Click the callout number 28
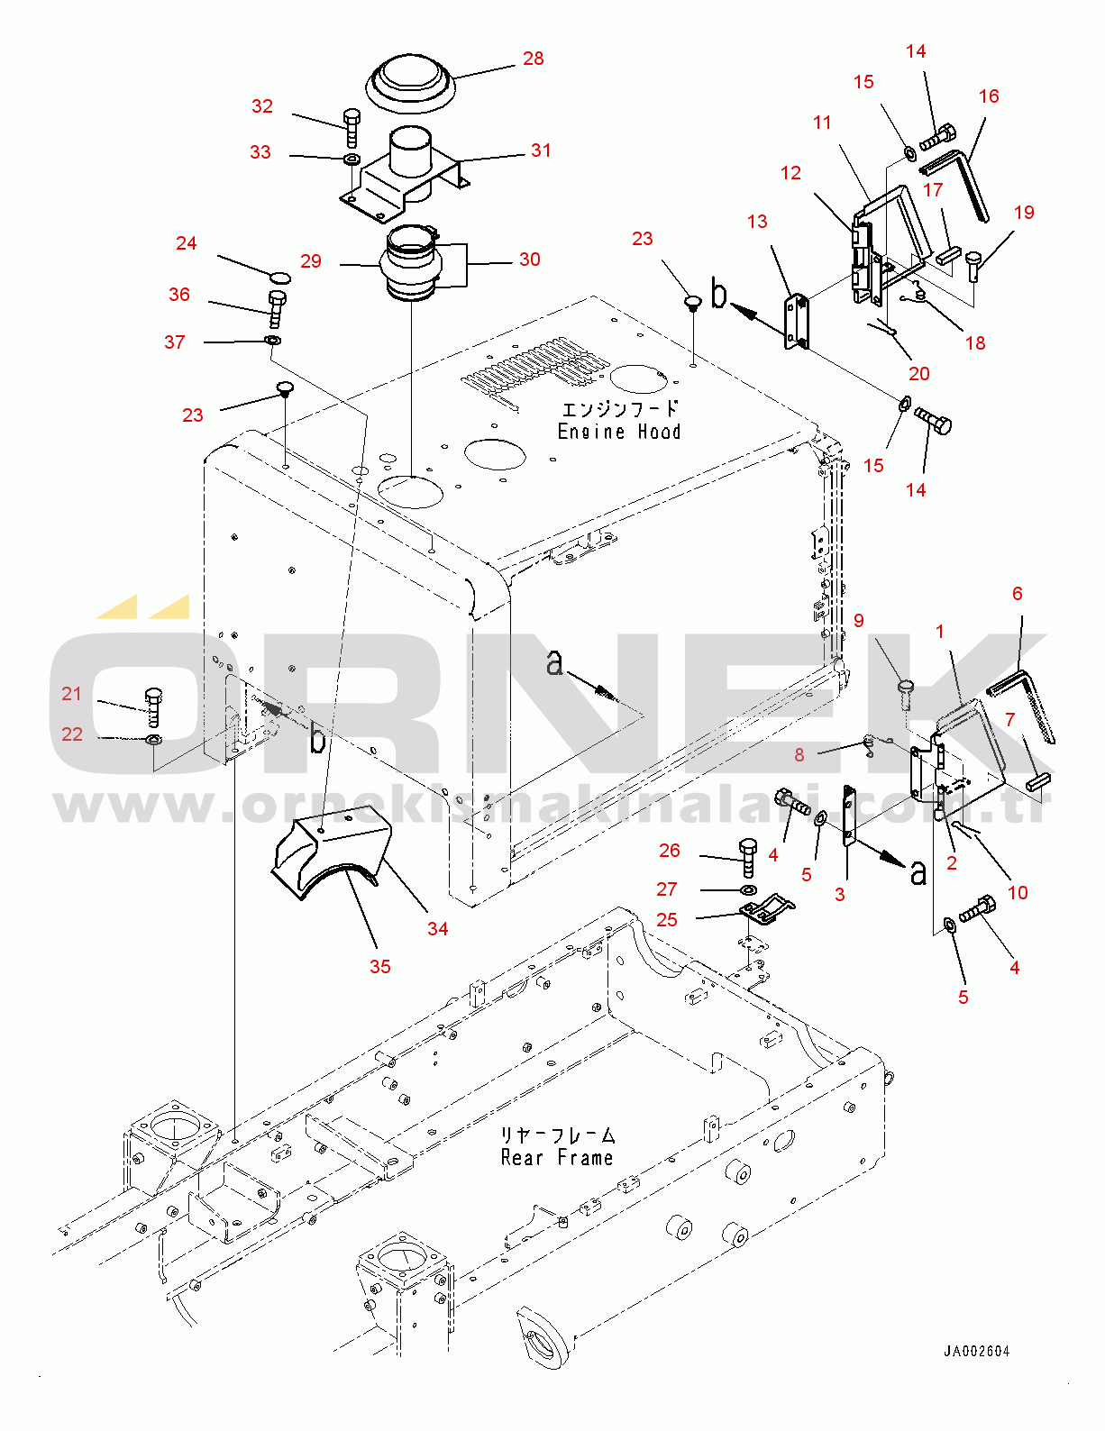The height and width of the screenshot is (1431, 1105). point(533,59)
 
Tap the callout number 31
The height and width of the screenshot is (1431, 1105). point(541,150)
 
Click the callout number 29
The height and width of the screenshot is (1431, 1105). point(311,260)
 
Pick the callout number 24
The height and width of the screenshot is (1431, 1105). point(187,243)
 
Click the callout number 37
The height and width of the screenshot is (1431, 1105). point(175,342)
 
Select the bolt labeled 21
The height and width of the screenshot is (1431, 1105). point(153,707)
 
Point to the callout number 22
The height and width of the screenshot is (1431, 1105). point(72,734)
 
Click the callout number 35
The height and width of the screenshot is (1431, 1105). point(380,966)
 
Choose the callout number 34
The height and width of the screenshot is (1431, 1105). point(437,928)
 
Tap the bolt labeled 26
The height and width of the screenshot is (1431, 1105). point(748,857)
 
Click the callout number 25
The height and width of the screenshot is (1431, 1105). point(666,919)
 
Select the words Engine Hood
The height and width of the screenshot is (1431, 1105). point(619,432)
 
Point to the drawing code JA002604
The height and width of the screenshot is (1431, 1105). point(977,1352)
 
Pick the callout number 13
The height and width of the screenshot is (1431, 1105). point(757,222)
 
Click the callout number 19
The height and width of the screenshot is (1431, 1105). point(1024,212)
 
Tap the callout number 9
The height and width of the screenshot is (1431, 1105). point(859,620)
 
